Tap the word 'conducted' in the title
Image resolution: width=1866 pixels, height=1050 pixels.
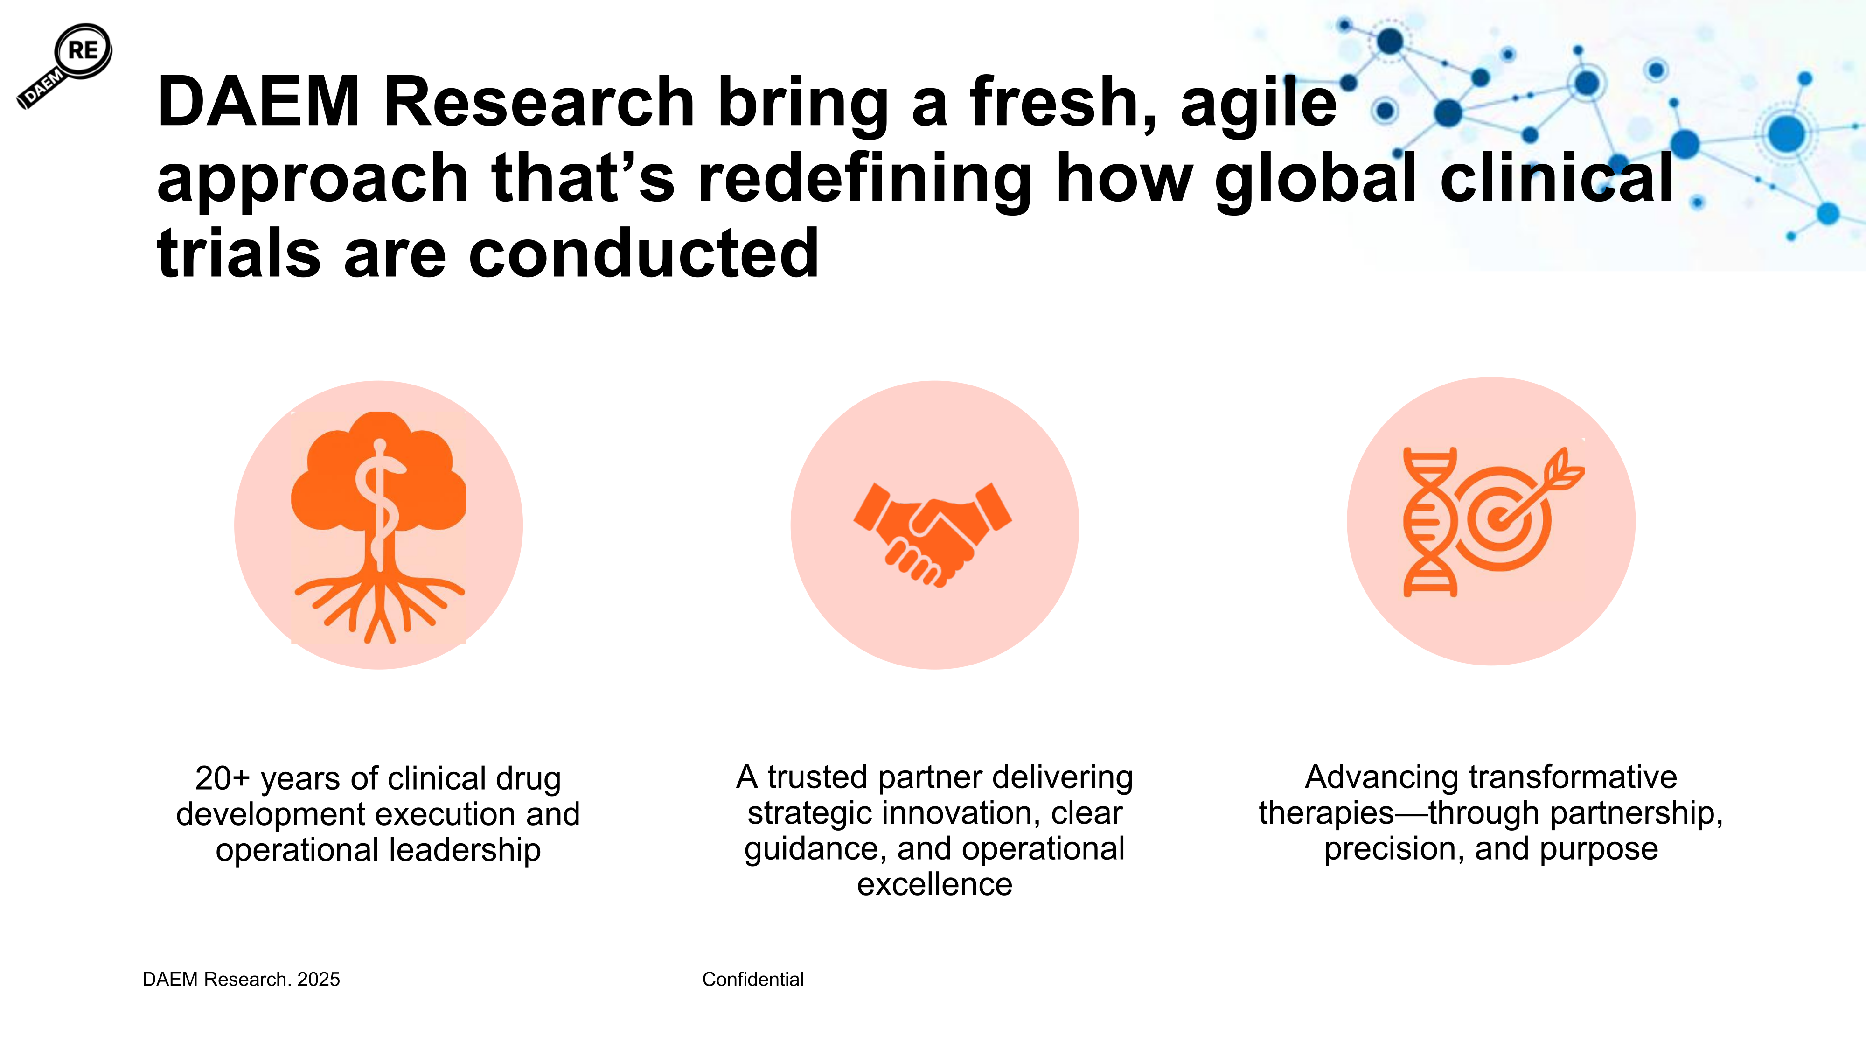(x=644, y=253)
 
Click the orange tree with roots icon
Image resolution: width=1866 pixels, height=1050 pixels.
(x=378, y=527)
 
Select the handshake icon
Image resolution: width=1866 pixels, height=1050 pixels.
(x=933, y=534)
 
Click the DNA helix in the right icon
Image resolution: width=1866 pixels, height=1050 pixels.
(x=1430, y=522)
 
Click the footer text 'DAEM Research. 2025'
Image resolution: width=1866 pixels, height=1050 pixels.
(x=241, y=980)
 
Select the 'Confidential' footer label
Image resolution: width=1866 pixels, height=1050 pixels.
(x=752, y=980)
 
